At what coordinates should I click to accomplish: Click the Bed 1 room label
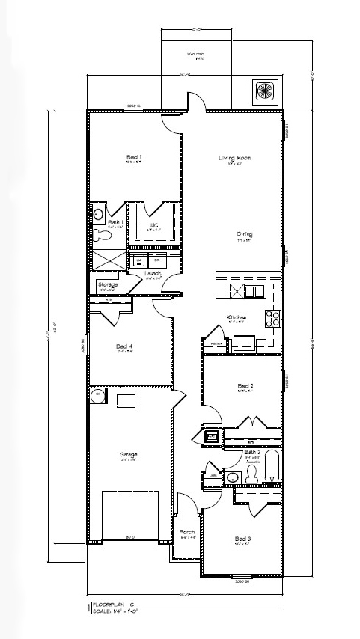coord(134,157)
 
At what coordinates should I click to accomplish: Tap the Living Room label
coord(234,158)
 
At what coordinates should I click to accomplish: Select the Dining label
coord(245,233)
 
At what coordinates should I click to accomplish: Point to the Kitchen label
coord(237,317)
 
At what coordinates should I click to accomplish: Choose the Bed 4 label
coord(124,346)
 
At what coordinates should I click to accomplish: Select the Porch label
coord(187,532)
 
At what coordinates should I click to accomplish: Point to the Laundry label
coord(153,274)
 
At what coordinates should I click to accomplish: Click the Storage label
coord(108,285)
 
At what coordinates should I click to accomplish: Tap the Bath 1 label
coord(115,222)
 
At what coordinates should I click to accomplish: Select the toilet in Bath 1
coord(103,235)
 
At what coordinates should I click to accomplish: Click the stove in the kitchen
coord(274,319)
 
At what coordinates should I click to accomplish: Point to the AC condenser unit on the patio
coord(266,91)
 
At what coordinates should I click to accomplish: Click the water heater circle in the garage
coord(97,394)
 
